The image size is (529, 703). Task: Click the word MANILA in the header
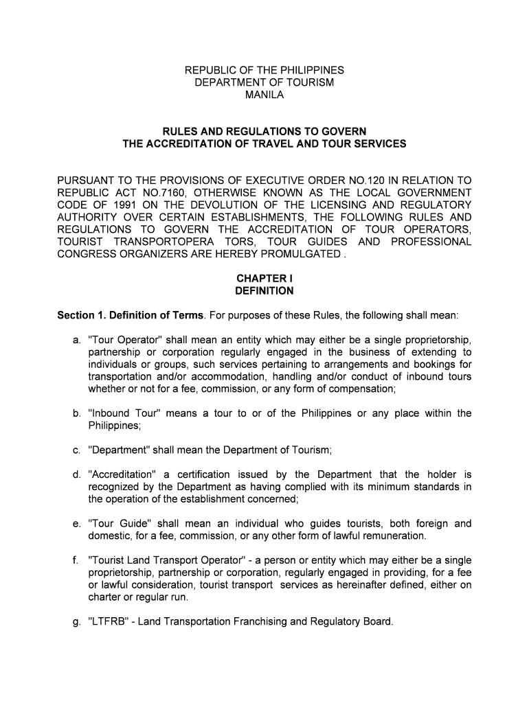pos(264,95)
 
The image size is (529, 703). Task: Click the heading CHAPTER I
pos(264,279)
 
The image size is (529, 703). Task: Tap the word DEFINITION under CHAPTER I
pos(264,291)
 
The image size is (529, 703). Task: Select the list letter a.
pos(76,340)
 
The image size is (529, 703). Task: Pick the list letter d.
pos(76,474)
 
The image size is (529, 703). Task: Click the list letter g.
pos(76,622)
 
